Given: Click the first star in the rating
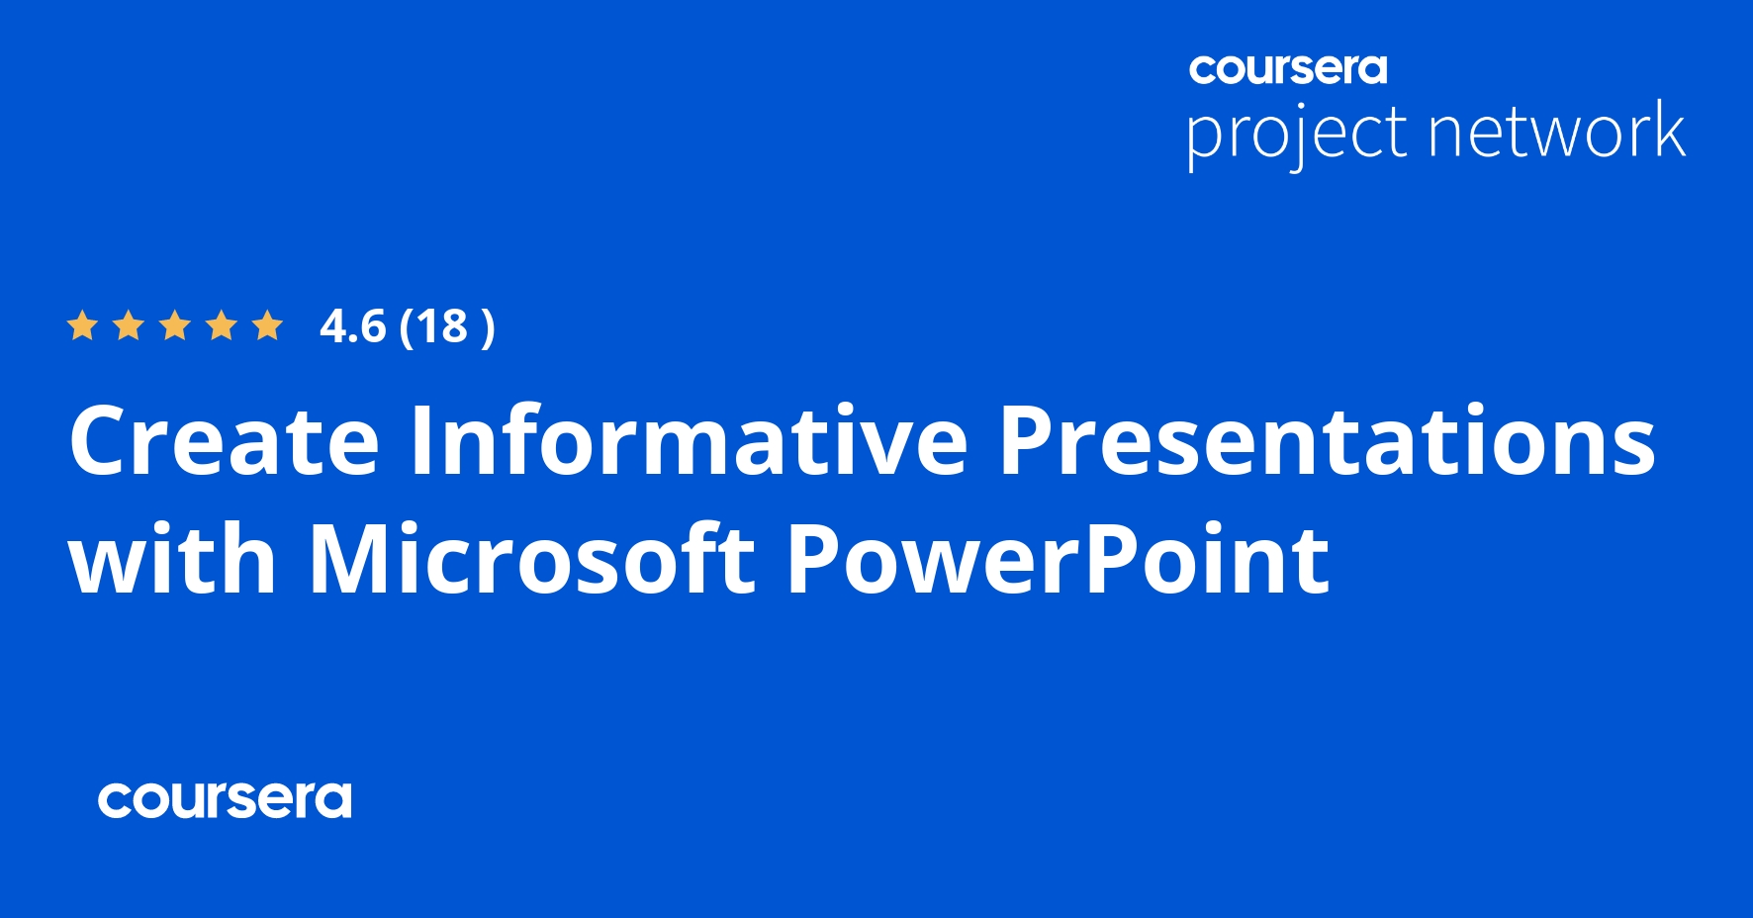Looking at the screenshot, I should click(x=81, y=325).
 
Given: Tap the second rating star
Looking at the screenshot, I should click(x=128, y=325).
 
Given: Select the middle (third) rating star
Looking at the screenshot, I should click(x=175, y=325).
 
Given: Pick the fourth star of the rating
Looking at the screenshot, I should click(x=222, y=325).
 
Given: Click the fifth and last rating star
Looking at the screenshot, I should click(x=268, y=325).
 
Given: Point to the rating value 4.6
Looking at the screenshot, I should click(x=352, y=326).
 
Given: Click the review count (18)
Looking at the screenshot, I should click(x=446, y=326).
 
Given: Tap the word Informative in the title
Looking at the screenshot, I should click(x=690, y=441).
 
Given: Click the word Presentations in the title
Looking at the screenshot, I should click(x=1327, y=441).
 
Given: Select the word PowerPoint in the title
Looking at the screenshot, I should click(x=1058, y=560).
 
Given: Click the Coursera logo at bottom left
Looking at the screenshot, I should click(x=225, y=800).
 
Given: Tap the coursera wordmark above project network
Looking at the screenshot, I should click(x=1287, y=69).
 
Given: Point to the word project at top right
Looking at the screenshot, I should click(x=1296, y=134).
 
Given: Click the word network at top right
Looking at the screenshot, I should click(x=1557, y=132).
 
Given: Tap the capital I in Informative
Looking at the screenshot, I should click(x=422, y=441).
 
